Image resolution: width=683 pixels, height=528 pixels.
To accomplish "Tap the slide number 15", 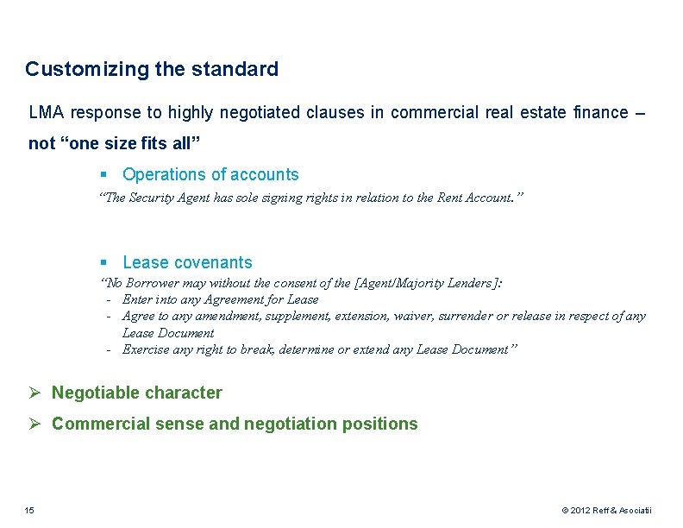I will coord(29,511).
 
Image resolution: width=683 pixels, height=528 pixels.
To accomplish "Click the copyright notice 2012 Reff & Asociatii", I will coord(606,511).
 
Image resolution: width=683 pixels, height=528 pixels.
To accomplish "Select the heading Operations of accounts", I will coord(210,174).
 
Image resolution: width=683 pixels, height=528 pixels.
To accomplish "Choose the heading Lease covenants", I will coord(187,262).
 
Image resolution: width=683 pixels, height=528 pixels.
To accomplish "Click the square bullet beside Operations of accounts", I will coord(103,175).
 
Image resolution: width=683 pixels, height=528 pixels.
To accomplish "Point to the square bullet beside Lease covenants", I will coord(103,263).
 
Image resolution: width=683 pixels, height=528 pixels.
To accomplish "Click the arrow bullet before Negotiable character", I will coord(35,393).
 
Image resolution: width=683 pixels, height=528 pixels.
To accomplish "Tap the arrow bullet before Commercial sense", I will coord(35,424).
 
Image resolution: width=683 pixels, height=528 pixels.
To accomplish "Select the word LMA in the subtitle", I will coord(47,112).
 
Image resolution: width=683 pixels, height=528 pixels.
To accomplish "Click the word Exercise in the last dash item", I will coord(147,349).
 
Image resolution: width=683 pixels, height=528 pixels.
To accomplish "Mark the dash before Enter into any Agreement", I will coord(110,299).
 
